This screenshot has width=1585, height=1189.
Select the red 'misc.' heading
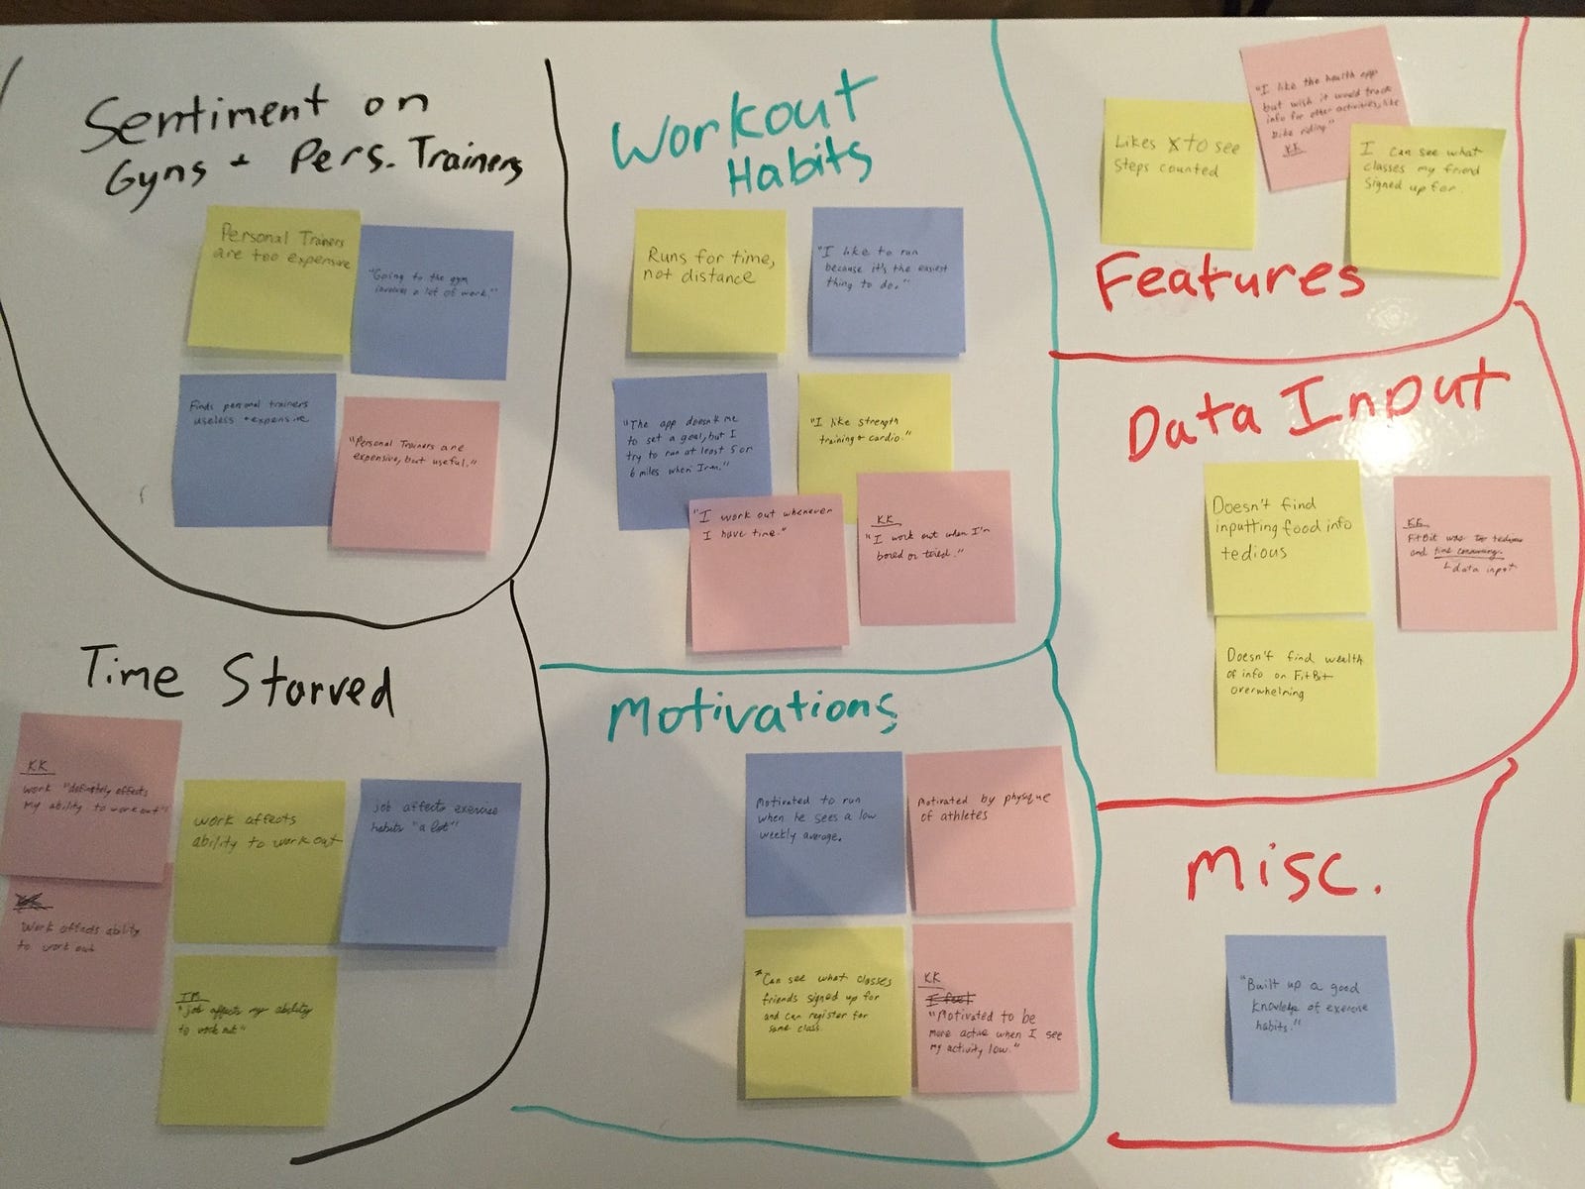(1283, 872)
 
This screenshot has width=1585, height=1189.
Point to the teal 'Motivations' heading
(752, 711)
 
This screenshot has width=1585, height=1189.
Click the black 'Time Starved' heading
(238, 680)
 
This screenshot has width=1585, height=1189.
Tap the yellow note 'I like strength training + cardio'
(874, 431)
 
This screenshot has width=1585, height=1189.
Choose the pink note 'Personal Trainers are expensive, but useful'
(413, 474)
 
